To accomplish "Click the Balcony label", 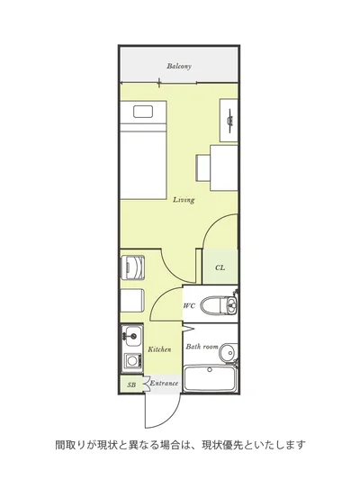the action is (179, 66).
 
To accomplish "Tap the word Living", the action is (184, 200).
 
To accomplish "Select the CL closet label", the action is (220, 267).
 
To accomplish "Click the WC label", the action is (189, 305).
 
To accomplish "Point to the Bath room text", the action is (202, 347).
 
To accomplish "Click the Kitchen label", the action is (159, 349).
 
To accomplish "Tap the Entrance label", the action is (164, 383).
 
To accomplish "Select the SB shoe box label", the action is (131, 385).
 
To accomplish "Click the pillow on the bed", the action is (143, 112).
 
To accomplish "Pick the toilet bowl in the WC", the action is (213, 305).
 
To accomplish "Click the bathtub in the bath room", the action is (210, 378).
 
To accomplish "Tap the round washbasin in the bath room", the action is (229, 352).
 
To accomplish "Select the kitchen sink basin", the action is (131, 336).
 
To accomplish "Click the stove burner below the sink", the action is (132, 360).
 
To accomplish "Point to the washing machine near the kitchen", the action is (132, 267).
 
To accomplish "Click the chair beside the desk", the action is (203, 168).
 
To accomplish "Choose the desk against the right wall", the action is (224, 168).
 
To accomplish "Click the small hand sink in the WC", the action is (232, 305).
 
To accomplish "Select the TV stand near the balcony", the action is (229, 121).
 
